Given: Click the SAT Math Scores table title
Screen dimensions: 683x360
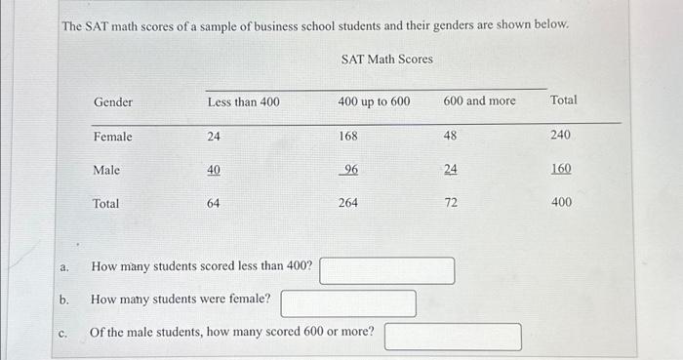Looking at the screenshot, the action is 386,60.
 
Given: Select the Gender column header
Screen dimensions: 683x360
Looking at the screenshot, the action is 113,101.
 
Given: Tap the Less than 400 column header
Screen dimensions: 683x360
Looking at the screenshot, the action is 243,101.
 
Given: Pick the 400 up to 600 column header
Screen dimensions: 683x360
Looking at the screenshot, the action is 374,101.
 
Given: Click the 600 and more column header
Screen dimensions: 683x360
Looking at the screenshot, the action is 479,101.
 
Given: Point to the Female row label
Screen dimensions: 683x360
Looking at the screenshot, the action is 113,138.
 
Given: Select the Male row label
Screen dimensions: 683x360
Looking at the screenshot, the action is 106,171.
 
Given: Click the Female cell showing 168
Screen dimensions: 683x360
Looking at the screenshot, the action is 348,138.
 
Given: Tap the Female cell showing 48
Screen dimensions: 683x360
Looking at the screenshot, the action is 450,138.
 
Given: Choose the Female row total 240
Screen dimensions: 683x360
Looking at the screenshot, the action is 560,136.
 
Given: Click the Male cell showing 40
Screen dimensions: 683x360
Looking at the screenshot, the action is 214,171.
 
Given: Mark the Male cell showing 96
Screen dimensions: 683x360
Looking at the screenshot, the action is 350,171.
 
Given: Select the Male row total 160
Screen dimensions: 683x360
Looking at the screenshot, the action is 560,169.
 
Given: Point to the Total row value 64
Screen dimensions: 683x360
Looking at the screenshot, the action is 214,204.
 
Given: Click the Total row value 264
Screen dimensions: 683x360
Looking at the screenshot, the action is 348,204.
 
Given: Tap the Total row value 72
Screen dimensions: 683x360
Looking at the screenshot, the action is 450,204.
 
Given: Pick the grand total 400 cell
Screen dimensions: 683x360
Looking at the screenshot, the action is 560,203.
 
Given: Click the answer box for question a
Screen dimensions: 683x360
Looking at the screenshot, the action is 386,269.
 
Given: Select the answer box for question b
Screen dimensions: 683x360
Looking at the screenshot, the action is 348,302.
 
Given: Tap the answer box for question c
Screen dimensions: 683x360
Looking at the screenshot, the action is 452,336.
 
